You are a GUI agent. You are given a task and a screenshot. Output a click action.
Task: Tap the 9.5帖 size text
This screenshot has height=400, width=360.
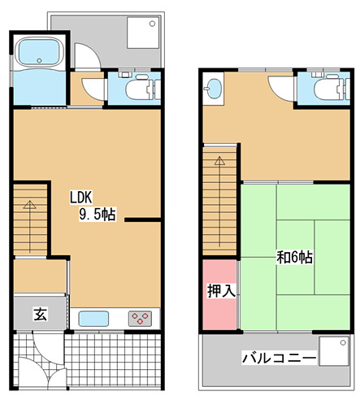click(97, 215)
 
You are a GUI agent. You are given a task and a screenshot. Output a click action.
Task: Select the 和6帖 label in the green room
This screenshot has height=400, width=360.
click(295, 258)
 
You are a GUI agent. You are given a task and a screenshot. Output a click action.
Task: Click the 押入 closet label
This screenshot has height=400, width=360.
click(220, 291)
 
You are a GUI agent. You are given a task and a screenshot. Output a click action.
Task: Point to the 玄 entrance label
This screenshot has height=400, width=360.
click(39, 314)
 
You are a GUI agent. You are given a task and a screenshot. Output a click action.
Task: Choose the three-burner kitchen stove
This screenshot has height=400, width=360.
click(141, 318)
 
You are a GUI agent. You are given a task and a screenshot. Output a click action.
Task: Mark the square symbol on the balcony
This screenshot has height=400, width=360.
click(334, 352)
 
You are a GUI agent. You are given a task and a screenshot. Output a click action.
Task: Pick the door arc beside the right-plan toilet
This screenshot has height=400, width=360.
click(281, 88)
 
